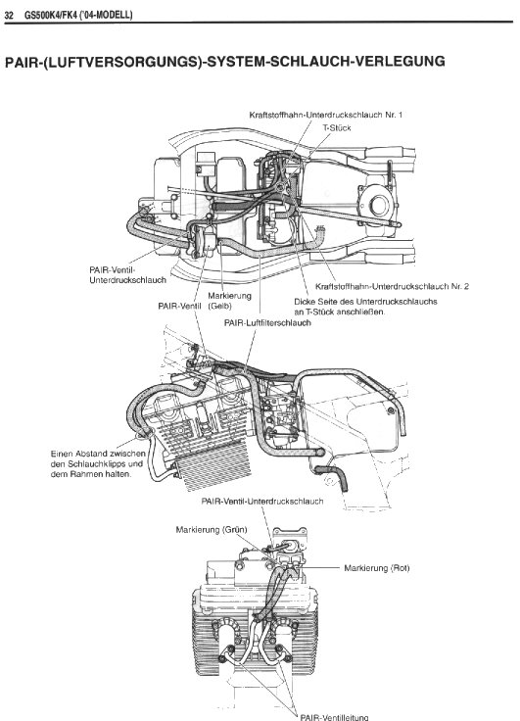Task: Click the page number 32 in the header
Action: [9, 15]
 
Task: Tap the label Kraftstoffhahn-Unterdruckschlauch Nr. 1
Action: [326, 115]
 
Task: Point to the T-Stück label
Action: [337, 127]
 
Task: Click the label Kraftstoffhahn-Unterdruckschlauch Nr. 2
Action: [392, 286]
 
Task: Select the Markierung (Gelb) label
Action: [229, 301]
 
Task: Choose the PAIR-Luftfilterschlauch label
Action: [267, 323]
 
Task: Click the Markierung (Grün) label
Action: [212, 530]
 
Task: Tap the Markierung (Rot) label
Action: [377, 568]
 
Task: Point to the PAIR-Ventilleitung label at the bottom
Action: [334, 717]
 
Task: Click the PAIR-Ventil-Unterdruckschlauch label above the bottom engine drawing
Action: [262, 501]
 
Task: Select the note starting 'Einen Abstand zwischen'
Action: [98, 463]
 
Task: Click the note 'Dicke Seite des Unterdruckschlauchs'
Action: [365, 307]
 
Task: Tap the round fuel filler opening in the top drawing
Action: [377, 205]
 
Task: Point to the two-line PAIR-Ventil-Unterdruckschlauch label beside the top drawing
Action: [128, 274]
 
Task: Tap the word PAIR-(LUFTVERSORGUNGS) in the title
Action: [104, 62]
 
